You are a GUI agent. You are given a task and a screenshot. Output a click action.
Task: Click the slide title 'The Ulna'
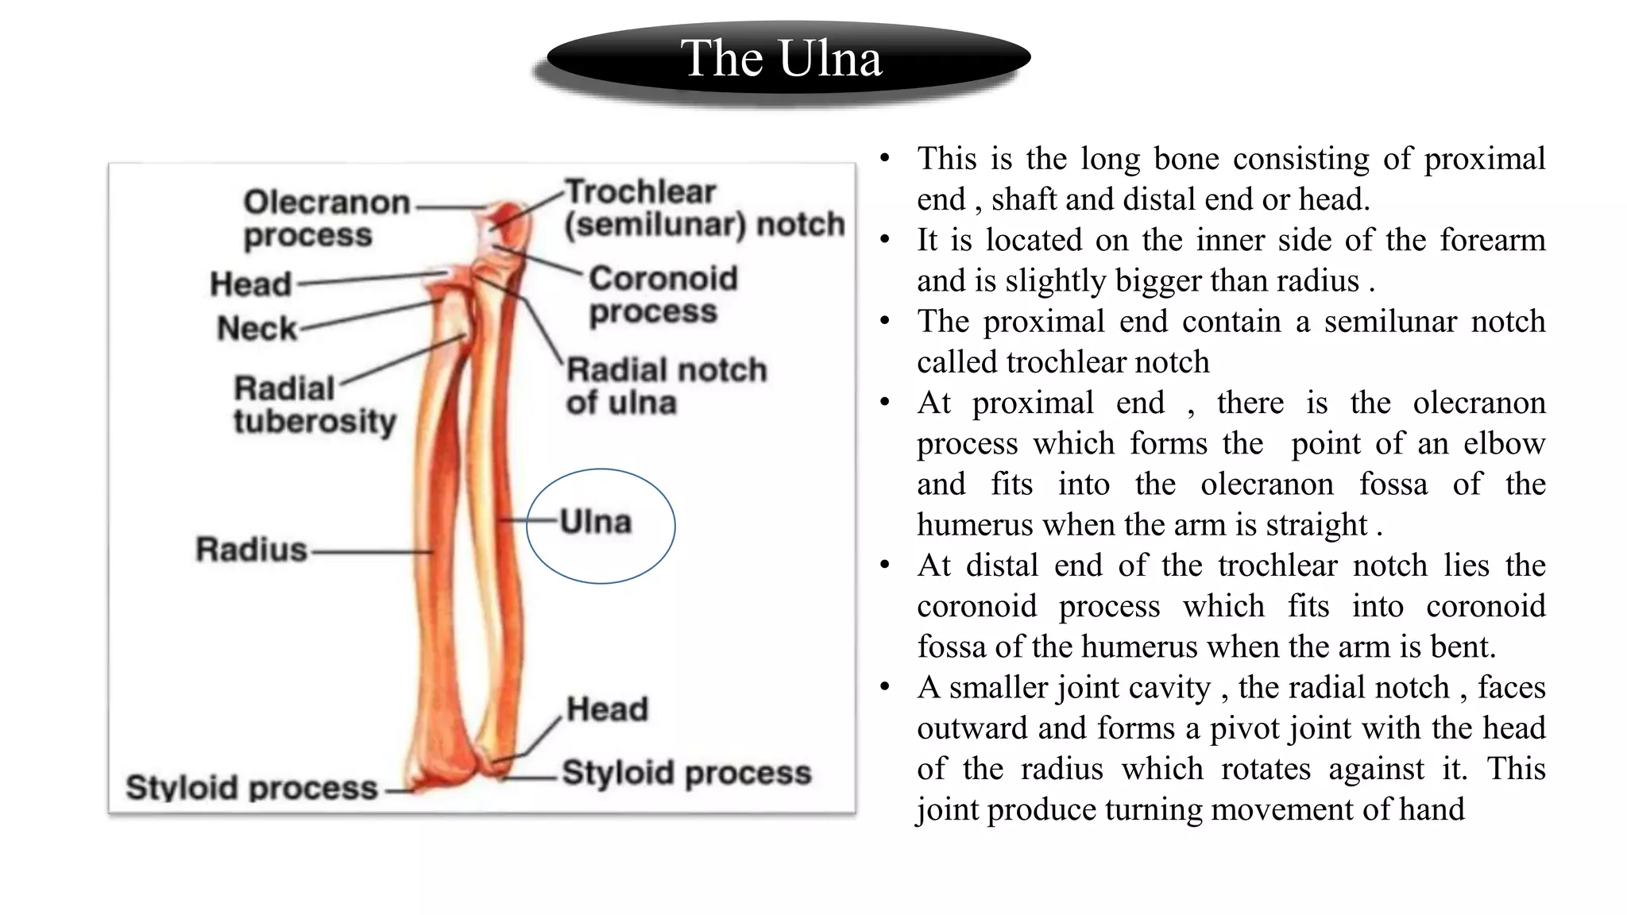pyautogui.click(x=781, y=59)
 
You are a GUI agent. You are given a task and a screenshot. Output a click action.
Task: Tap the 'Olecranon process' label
pyautogui.click(x=326, y=218)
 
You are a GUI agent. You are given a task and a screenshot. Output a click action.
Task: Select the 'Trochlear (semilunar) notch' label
pyautogui.click(x=704, y=208)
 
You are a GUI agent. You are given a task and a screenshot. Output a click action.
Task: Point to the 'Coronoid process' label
pyautogui.click(x=663, y=295)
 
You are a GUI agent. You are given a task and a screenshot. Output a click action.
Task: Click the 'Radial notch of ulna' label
pyautogui.click(x=666, y=386)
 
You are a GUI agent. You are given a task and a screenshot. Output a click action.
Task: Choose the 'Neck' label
pyautogui.click(x=256, y=328)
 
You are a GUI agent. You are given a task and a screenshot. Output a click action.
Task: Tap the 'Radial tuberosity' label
pyautogui.click(x=315, y=405)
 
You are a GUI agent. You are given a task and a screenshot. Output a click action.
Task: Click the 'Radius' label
pyautogui.click(x=251, y=550)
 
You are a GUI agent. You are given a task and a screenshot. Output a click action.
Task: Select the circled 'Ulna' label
pyautogui.click(x=596, y=522)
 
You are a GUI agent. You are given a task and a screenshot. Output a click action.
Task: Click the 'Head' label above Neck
pyautogui.click(x=250, y=284)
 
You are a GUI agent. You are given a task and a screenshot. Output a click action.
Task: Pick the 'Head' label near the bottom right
pyautogui.click(x=607, y=709)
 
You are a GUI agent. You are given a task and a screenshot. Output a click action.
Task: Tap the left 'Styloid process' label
pyautogui.click(x=251, y=788)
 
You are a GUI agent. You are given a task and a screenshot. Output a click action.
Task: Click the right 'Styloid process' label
pyautogui.click(x=686, y=773)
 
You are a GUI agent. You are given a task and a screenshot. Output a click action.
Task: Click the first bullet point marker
pyautogui.click(x=884, y=158)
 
